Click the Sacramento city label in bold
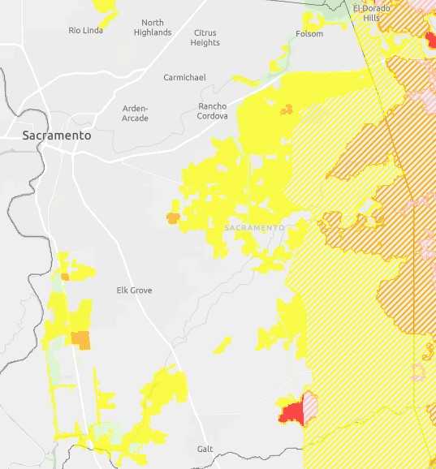(56, 136)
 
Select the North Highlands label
(152, 28)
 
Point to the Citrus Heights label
(205, 37)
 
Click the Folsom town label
(309, 34)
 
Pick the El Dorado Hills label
(371, 13)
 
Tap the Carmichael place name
(184, 77)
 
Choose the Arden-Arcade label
(135, 113)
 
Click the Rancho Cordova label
(212, 111)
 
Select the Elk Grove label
(134, 290)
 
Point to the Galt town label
(205, 449)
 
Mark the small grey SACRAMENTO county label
(254, 228)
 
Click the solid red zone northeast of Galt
(290, 412)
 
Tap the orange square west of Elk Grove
(80, 339)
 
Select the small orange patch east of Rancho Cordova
(286, 109)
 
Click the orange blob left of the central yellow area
(172, 217)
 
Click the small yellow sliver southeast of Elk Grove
(222, 345)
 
